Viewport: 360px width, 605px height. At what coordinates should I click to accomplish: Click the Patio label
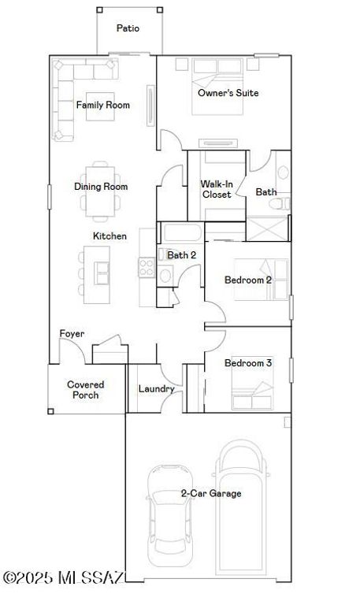(x=128, y=28)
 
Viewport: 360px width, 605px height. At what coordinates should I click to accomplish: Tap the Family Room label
(x=103, y=105)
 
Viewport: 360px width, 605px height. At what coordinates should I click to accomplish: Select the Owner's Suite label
(x=228, y=93)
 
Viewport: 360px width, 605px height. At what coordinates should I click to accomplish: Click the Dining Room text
(x=101, y=187)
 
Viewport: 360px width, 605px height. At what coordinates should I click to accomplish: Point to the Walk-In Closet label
(x=216, y=189)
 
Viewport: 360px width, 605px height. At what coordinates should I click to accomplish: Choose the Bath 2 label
(x=181, y=254)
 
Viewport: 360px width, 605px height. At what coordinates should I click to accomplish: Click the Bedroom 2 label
(x=248, y=280)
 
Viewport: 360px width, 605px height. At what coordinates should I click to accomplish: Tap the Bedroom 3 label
(x=248, y=363)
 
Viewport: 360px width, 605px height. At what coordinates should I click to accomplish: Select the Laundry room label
(x=156, y=388)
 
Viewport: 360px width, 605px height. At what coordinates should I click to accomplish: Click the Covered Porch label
(x=85, y=389)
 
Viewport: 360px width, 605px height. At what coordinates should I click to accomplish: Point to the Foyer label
(x=72, y=334)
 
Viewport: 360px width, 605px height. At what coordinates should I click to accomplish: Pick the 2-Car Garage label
(x=211, y=494)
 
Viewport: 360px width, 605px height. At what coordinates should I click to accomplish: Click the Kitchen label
(x=109, y=236)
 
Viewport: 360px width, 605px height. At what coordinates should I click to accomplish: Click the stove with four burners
(x=146, y=268)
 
